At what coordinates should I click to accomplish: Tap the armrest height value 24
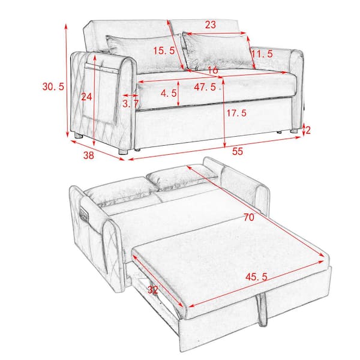click(88, 97)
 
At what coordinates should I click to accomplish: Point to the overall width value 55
click(238, 152)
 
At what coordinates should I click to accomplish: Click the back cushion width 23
click(210, 25)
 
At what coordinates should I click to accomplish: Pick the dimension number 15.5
click(163, 51)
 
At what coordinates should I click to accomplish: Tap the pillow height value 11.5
click(262, 54)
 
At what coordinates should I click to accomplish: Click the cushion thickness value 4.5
click(169, 93)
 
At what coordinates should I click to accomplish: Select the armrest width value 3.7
click(130, 103)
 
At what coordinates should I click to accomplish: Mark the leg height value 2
click(307, 128)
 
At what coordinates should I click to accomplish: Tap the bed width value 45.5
click(257, 277)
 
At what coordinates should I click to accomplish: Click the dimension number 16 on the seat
click(212, 71)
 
